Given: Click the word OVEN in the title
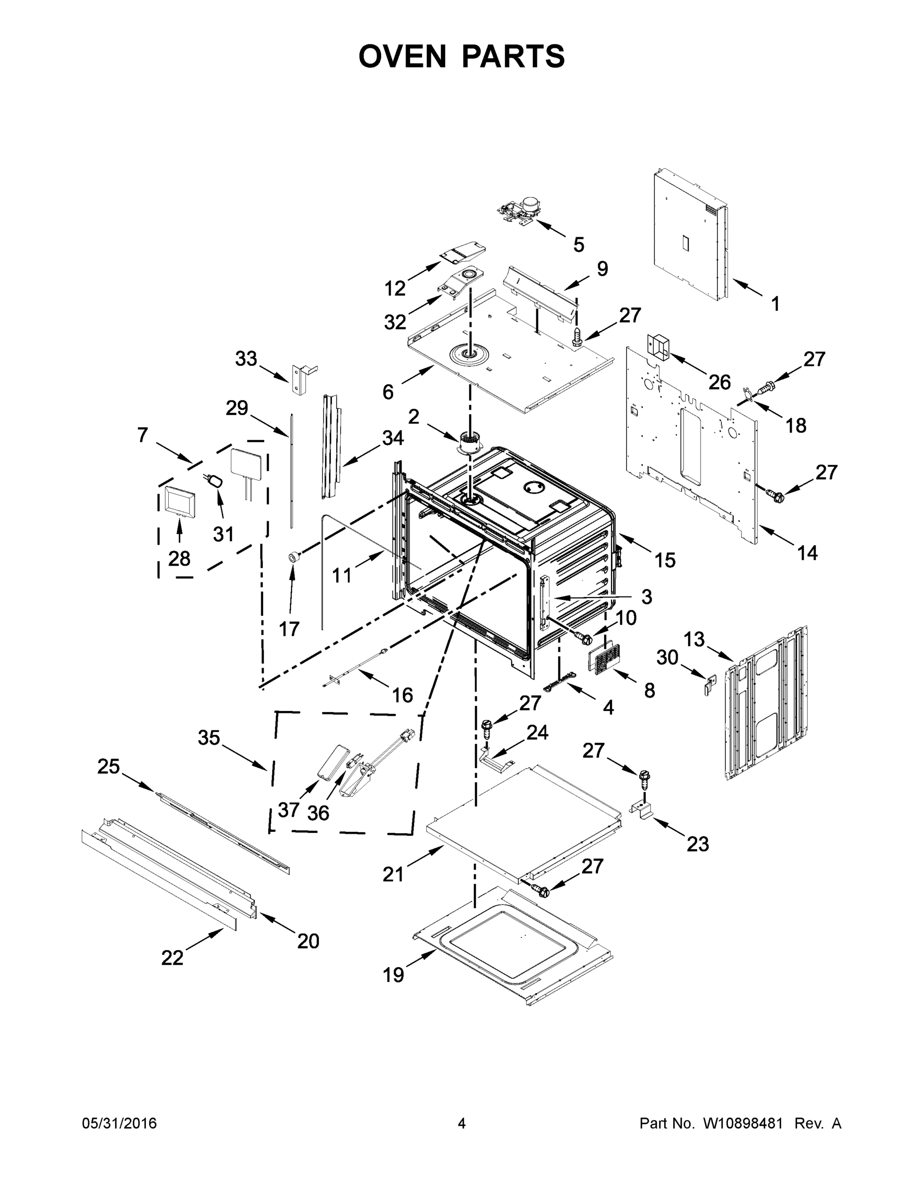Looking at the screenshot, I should coord(403,56).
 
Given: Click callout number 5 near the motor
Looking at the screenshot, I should coord(579,244).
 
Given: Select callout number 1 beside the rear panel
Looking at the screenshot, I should coord(775,304).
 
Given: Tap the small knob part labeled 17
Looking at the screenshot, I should coord(295,557).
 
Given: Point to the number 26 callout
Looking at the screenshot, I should coord(719,382).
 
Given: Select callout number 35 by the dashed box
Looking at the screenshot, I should coord(209,738).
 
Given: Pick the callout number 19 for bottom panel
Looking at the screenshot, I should coord(393,974).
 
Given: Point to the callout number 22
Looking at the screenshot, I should coord(172,958).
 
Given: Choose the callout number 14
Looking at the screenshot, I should coord(807,553).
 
